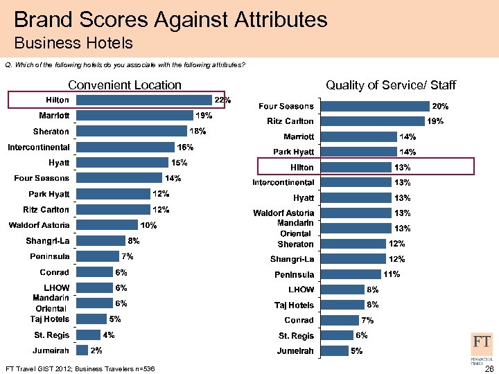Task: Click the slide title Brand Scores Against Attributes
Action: point(170,19)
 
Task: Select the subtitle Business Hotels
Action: point(73,43)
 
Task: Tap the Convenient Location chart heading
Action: point(125,85)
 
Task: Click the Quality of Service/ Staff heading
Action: point(391,85)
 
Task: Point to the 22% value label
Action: point(222,100)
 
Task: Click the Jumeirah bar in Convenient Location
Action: point(82,350)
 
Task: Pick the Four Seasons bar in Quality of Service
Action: point(376,106)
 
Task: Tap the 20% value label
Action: point(441,107)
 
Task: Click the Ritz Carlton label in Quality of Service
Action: point(290,121)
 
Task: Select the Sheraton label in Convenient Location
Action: point(51,132)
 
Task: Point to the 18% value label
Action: point(198,131)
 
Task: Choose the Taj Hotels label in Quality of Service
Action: point(295,305)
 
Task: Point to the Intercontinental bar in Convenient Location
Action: point(125,147)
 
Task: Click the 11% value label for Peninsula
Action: point(392,274)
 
